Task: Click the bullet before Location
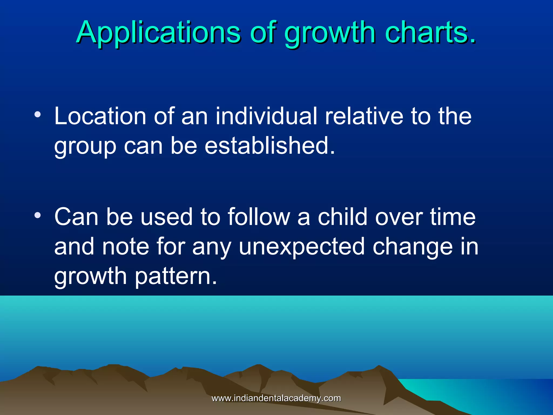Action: (x=38, y=115)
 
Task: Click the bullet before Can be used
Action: (x=38, y=215)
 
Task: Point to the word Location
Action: (x=100, y=116)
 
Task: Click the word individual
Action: (x=266, y=116)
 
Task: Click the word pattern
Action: (x=176, y=277)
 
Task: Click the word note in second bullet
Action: (x=126, y=246)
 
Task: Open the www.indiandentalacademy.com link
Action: (x=276, y=398)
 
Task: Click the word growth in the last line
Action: (x=90, y=277)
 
